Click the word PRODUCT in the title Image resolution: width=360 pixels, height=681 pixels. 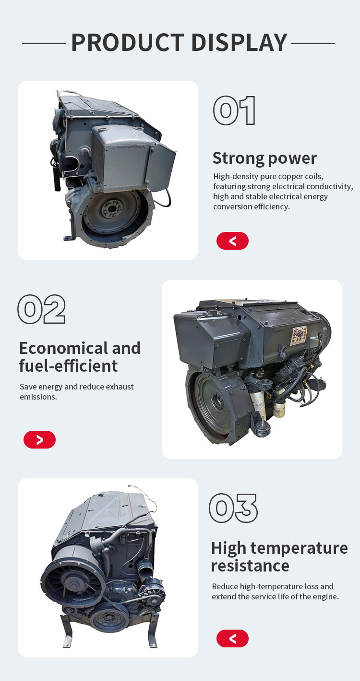[128, 42]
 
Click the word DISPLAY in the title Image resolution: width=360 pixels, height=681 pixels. [240, 42]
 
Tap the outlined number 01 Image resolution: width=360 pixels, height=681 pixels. [234, 110]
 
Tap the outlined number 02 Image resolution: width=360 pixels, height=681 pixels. [41, 309]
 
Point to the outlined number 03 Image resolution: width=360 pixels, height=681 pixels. [233, 508]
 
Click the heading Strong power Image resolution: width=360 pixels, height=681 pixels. [264, 158]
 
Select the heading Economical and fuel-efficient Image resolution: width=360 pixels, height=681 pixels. [80, 357]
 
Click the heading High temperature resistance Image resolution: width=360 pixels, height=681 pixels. [279, 557]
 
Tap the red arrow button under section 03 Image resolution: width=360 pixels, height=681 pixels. [232, 638]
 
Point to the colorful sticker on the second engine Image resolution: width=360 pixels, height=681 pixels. [299, 336]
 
